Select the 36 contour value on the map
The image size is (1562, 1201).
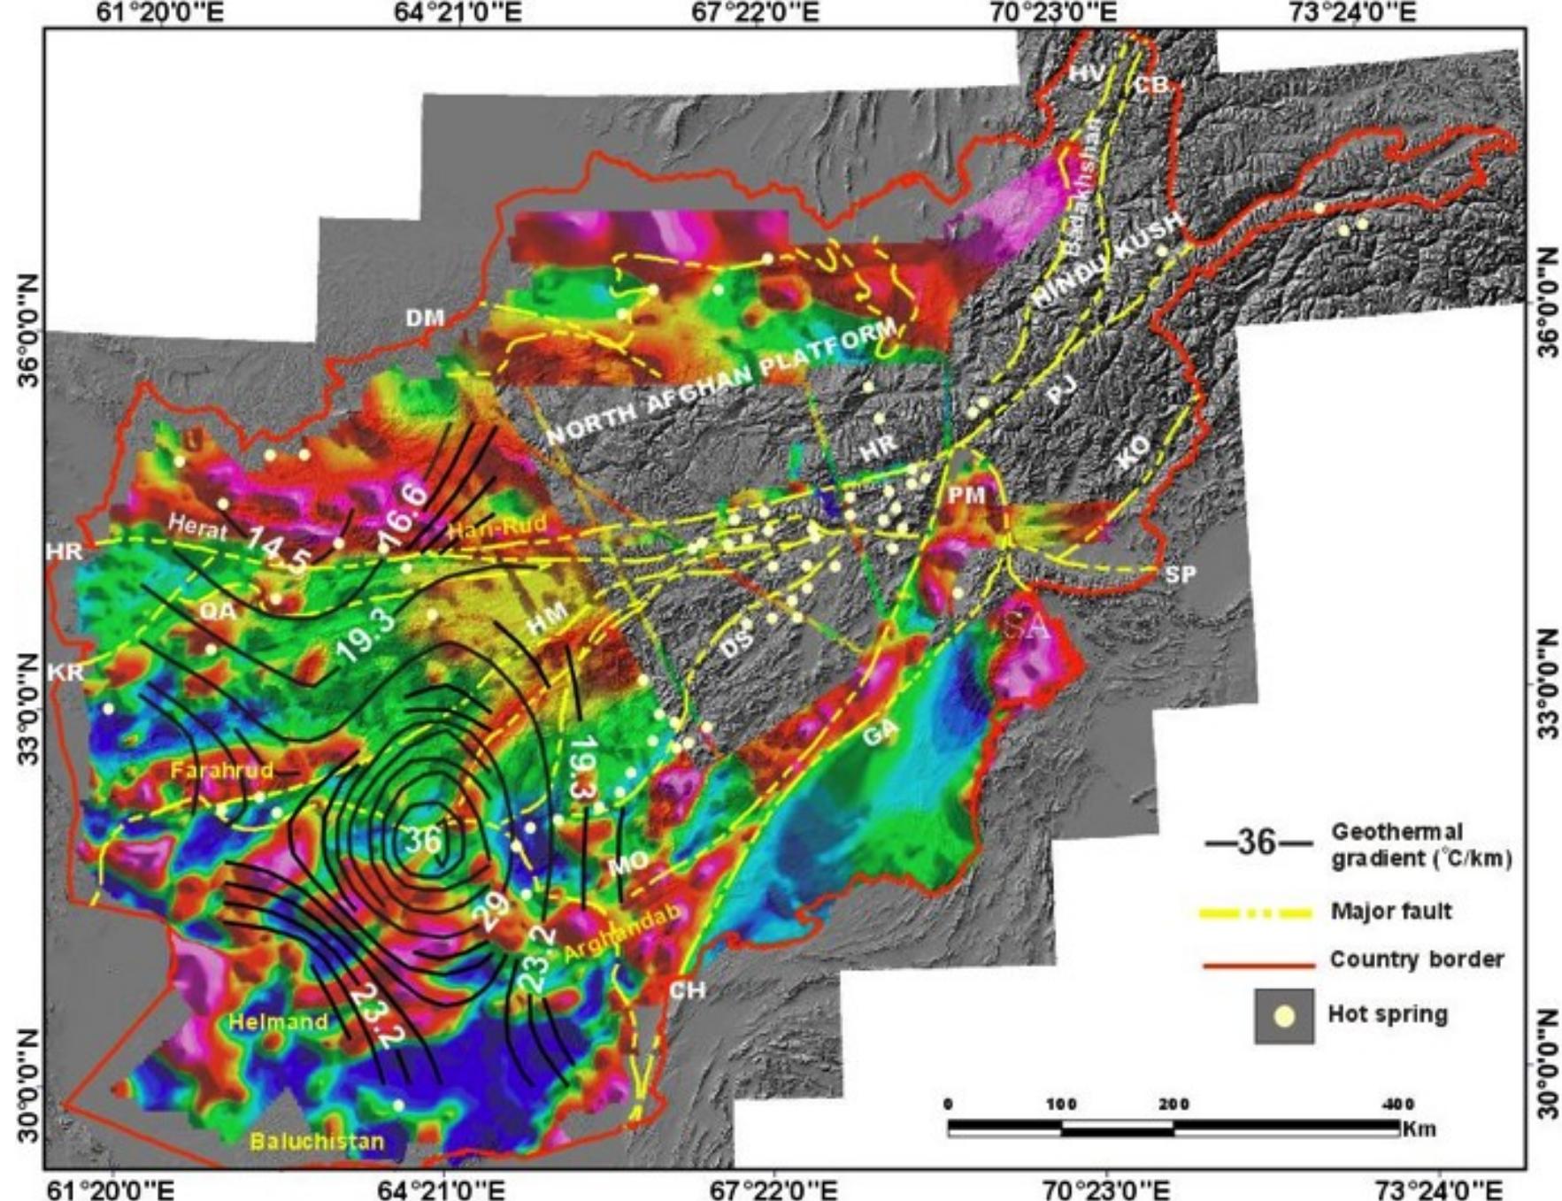click(x=424, y=838)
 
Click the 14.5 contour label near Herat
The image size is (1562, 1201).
click(x=278, y=550)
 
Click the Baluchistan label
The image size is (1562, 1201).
click(x=318, y=1141)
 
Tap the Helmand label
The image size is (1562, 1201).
click(x=278, y=1021)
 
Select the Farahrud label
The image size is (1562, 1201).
click(x=222, y=770)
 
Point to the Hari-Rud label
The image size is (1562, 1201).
click(x=497, y=529)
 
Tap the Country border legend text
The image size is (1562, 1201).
click(x=1416, y=959)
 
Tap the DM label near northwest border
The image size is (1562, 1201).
click(x=425, y=318)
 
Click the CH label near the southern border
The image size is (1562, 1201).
click(x=687, y=989)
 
